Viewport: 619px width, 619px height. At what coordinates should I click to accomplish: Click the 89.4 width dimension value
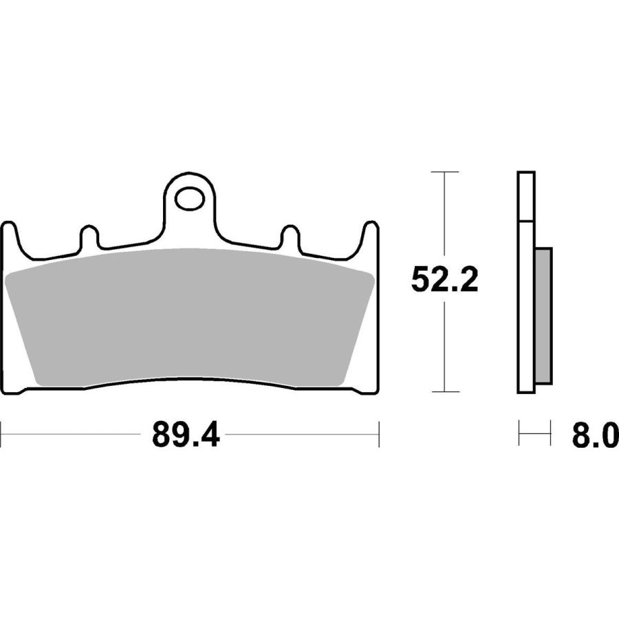pyautogui.click(x=186, y=434)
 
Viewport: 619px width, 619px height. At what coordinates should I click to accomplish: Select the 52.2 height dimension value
pyautogui.click(x=444, y=279)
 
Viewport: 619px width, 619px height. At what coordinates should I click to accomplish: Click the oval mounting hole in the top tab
pyautogui.click(x=190, y=199)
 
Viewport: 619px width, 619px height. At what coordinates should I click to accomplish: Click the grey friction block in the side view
pyautogui.click(x=543, y=316)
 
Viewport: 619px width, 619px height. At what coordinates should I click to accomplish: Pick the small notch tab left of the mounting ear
pyautogui.click(x=89, y=236)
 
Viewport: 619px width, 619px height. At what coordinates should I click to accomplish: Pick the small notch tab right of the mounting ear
pyautogui.click(x=290, y=236)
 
